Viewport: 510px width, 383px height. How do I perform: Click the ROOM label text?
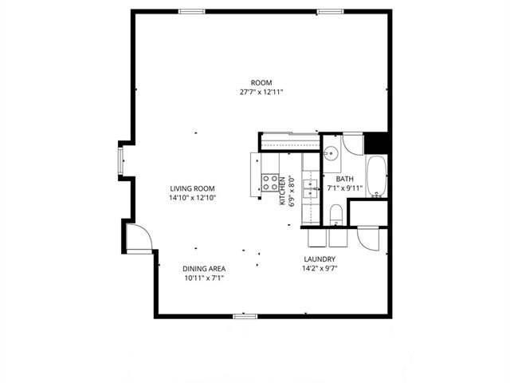(261, 83)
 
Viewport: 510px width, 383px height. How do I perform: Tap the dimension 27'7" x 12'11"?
(261, 93)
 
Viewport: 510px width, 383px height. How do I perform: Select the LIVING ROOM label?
(193, 188)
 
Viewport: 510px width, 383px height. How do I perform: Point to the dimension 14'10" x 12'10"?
(193, 198)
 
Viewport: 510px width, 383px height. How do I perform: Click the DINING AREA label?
(204, 269)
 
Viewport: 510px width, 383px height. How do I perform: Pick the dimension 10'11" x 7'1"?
(204, 278)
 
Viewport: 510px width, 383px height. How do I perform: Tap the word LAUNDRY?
(319, 260)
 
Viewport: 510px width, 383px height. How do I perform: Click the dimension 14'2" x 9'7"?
(319, 270)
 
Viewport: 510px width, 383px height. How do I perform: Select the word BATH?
(344, 180)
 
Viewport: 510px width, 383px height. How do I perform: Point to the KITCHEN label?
(283, 191)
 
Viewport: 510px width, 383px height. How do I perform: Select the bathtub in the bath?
(376, 177)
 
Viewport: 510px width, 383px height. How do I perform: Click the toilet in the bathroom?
(336, 213)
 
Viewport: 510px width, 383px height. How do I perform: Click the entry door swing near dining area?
(137, 238)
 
